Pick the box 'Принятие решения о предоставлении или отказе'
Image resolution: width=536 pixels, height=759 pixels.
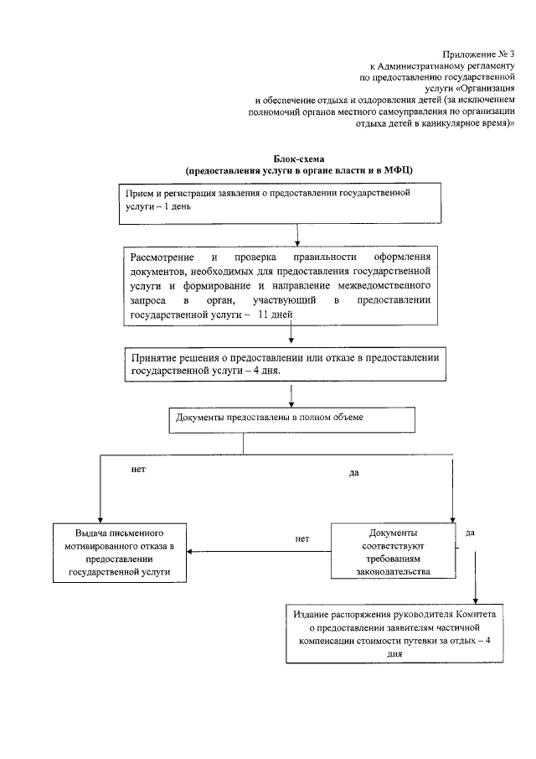coord(286,364)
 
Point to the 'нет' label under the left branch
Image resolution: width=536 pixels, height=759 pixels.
coord(138,470)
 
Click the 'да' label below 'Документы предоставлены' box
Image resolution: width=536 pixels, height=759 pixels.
coord(353,473)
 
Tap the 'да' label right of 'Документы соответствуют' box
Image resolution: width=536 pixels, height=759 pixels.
coord(471,533)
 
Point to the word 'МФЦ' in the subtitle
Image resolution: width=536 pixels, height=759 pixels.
coord(394,170)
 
